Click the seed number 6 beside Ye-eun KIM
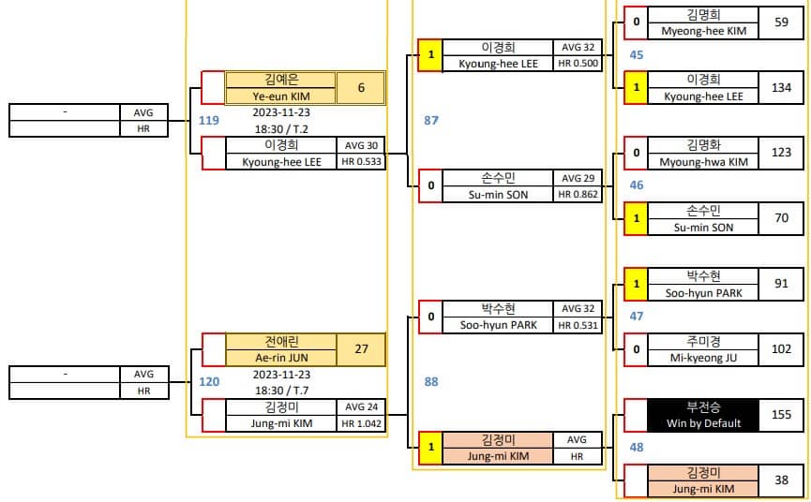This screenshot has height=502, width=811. click(x=361, y=88)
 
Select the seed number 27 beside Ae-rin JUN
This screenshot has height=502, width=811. click(x=361, y=349)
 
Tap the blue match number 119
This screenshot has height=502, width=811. click(x=209, y=120)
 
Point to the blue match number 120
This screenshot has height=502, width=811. click(x=209, y=382)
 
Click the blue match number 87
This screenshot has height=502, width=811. click(x=431, y=120)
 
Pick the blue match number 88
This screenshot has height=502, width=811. click(x=431, y=382)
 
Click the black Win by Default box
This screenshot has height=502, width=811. click(x=703, y=415)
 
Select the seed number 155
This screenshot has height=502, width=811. click(x=781, y=415)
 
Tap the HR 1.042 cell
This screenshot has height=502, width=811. click(x=362, y=423)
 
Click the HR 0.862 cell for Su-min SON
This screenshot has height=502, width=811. click(x=578, y=194)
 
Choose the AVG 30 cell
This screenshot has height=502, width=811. click(x=362, y=146)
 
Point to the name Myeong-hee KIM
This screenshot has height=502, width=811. click(x=703, y=31)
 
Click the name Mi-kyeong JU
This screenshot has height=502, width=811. click(x=703, y=358)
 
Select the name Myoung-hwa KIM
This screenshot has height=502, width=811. click(x=703, y=162)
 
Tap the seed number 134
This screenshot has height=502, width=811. click(x=781, y=88)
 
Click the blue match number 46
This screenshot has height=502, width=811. click(x=637, y=185)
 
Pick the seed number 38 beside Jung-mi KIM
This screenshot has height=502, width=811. click(x=781, y=480)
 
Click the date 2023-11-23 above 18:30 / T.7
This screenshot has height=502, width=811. click(x=281, y=374)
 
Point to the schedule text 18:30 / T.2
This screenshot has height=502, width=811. click(x=281, y=129)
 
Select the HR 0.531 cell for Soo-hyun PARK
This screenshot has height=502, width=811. click(x=578, y=325)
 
